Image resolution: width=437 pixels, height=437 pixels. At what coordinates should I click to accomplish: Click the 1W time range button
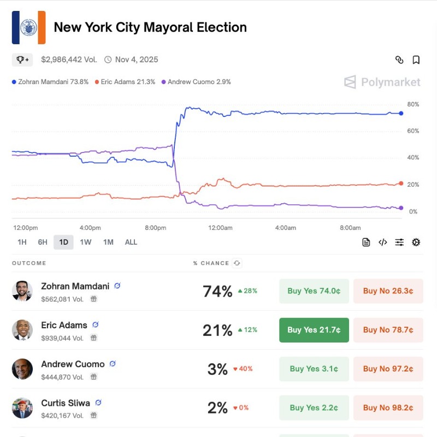coord(86,242)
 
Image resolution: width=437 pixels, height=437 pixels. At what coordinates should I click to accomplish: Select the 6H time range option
coord(43,242)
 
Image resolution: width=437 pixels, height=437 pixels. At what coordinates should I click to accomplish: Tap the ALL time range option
coord(131,242)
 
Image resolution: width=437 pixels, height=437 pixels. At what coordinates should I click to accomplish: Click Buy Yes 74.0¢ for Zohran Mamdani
coord(314,291)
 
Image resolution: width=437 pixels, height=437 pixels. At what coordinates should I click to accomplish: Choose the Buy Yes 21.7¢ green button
coord(314,330)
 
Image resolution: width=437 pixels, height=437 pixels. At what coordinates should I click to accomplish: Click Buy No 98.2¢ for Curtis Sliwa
coord(388,408)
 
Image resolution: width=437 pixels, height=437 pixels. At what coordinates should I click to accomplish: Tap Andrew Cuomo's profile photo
coord(22,369)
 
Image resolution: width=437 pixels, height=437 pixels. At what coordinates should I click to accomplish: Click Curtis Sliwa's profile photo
coord(22,408)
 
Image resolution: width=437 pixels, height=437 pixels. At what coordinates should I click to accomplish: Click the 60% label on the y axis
coord(414,131)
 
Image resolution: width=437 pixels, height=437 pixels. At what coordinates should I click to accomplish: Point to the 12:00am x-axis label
coord(220,228)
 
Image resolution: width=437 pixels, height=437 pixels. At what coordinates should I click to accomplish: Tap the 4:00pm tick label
coord(90,228)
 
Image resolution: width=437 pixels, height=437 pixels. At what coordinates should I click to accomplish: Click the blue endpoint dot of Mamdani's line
coord(401,113)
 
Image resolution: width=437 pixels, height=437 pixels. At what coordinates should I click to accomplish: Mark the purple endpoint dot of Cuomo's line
coord(401,208)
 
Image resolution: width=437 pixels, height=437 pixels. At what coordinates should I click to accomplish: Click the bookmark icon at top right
coord(416,60)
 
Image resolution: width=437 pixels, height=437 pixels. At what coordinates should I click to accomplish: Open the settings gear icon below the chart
coord(416,242)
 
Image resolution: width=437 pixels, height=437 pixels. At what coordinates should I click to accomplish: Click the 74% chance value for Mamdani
coord(217,292)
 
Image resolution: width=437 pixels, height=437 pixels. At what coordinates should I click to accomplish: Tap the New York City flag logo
coord(28,27)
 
